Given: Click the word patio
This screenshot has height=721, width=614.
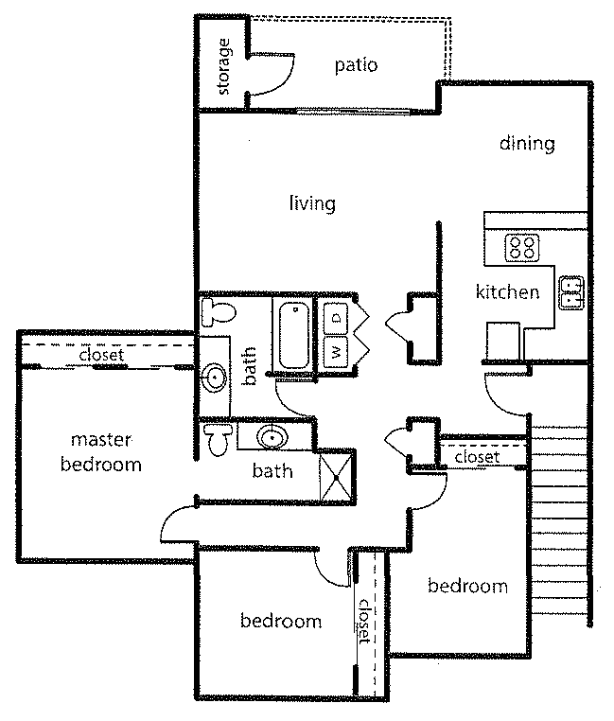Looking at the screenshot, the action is [356, 65].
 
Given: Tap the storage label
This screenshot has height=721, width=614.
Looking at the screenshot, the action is [223, 66].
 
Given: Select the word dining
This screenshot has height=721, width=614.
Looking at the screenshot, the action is [527, 144].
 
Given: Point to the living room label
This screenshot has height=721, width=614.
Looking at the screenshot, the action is [313, 203].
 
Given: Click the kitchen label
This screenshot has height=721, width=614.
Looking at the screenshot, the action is [507, 292].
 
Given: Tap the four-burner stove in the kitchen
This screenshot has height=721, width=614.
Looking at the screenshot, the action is [522, 247].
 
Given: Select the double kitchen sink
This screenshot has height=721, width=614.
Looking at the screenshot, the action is [571, 293].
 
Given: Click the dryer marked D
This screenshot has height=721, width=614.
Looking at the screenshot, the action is [336, 318].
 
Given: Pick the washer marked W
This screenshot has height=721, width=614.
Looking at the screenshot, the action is [336, 352].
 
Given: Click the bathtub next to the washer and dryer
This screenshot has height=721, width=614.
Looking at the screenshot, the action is [294, 335].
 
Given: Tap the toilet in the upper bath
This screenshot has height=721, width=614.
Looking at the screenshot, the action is [219, 312].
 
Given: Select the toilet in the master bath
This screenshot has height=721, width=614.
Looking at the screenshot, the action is [218, 440].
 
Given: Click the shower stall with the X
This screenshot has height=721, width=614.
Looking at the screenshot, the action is [337, 478].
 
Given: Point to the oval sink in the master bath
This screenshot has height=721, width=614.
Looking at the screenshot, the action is [272, 437].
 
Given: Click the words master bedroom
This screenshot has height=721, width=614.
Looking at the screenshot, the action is [100, 452].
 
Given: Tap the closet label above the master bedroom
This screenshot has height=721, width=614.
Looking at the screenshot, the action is [101, 355].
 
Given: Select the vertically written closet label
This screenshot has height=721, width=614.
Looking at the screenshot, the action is [364, 621].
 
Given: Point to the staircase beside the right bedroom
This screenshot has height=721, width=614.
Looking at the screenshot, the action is [558, 519].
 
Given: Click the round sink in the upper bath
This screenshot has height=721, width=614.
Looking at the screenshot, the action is [215, 378].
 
